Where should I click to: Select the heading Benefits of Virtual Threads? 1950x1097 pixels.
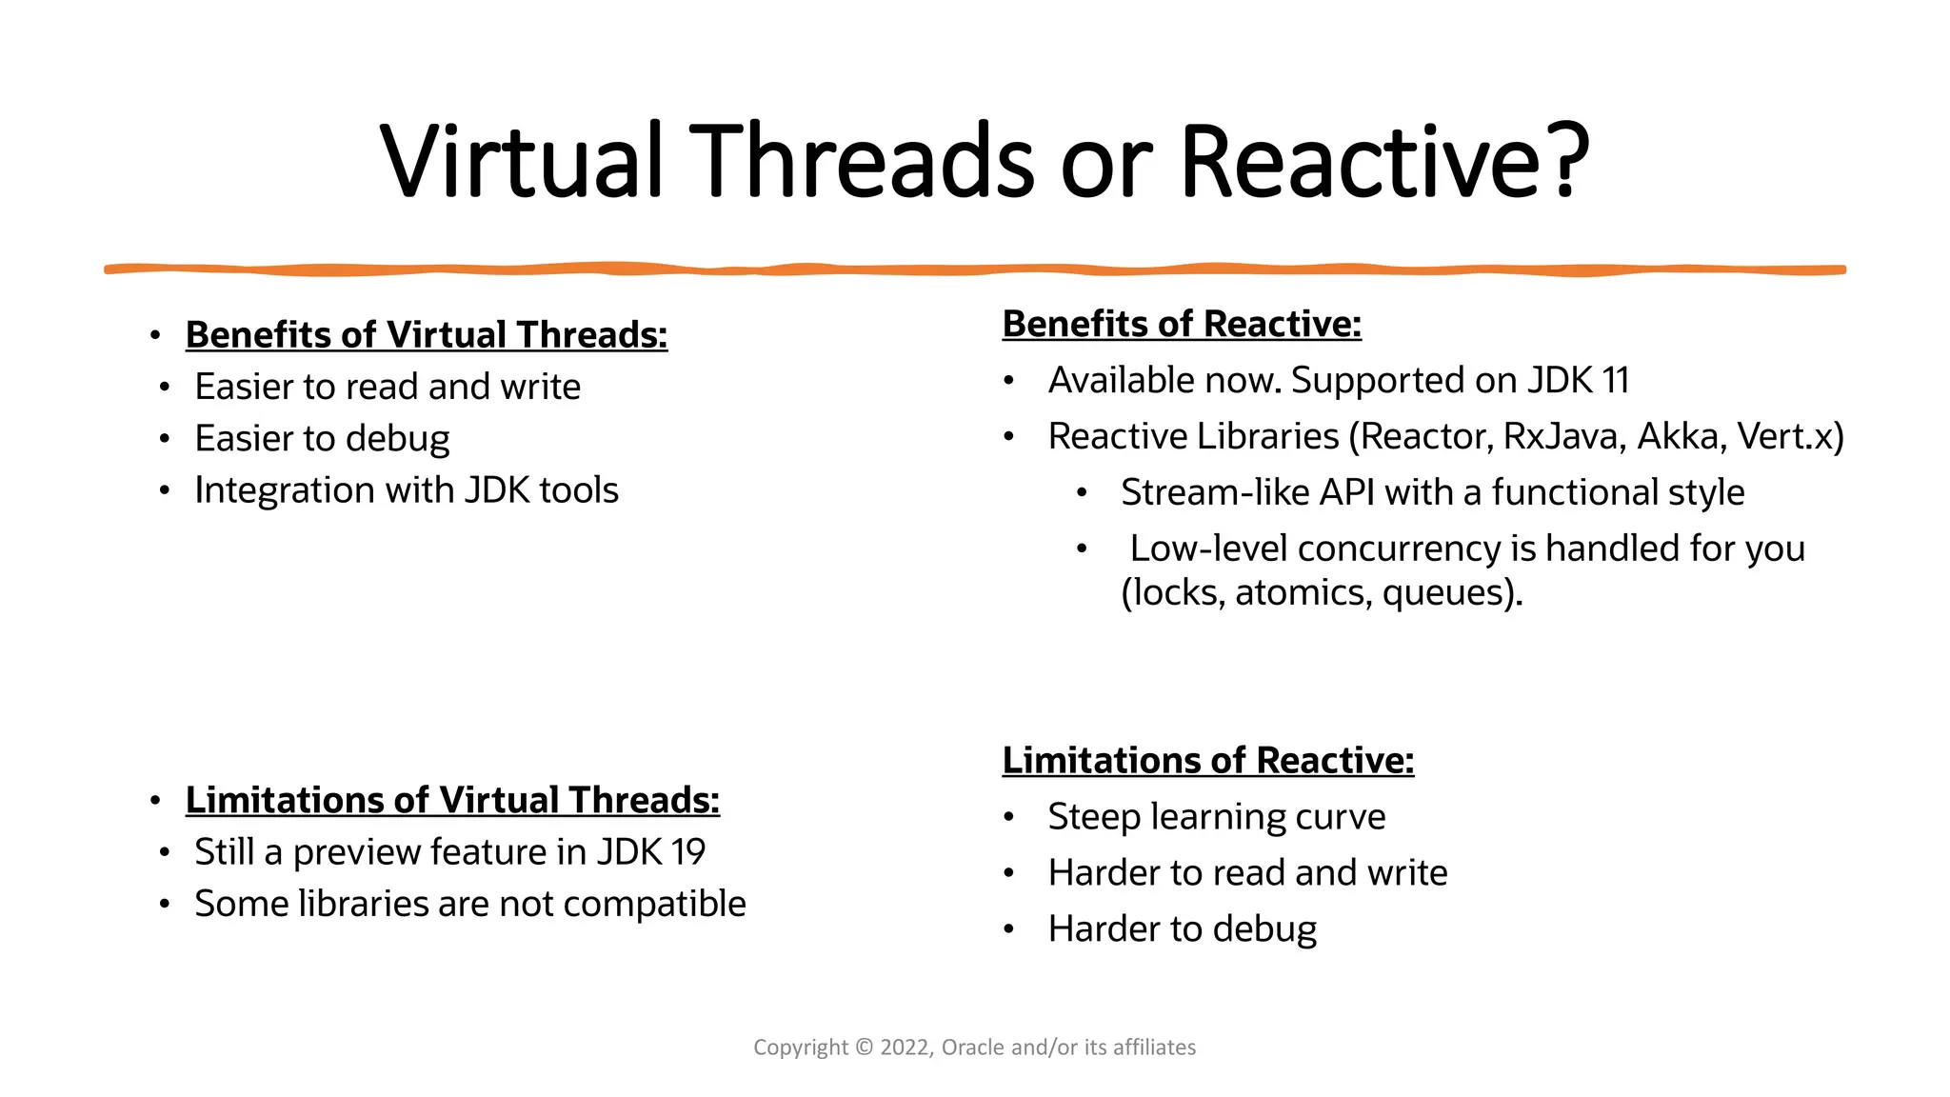(x=427, y=335)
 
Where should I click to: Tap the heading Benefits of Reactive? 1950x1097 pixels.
(x=1182, y=324)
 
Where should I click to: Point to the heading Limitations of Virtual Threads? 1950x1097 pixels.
(x=452, y=800)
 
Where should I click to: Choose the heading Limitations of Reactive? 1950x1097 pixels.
(x=1207, y=760)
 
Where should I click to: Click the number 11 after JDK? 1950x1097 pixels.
(x=1616, y=380)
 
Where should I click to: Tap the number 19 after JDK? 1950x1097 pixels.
(x=685, y=851)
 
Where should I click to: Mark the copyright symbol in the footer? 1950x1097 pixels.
(x=864, y=1047)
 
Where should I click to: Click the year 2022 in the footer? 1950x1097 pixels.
(x=905, y=1047)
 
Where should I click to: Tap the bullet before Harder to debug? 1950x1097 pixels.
(x=1009, y=928)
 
